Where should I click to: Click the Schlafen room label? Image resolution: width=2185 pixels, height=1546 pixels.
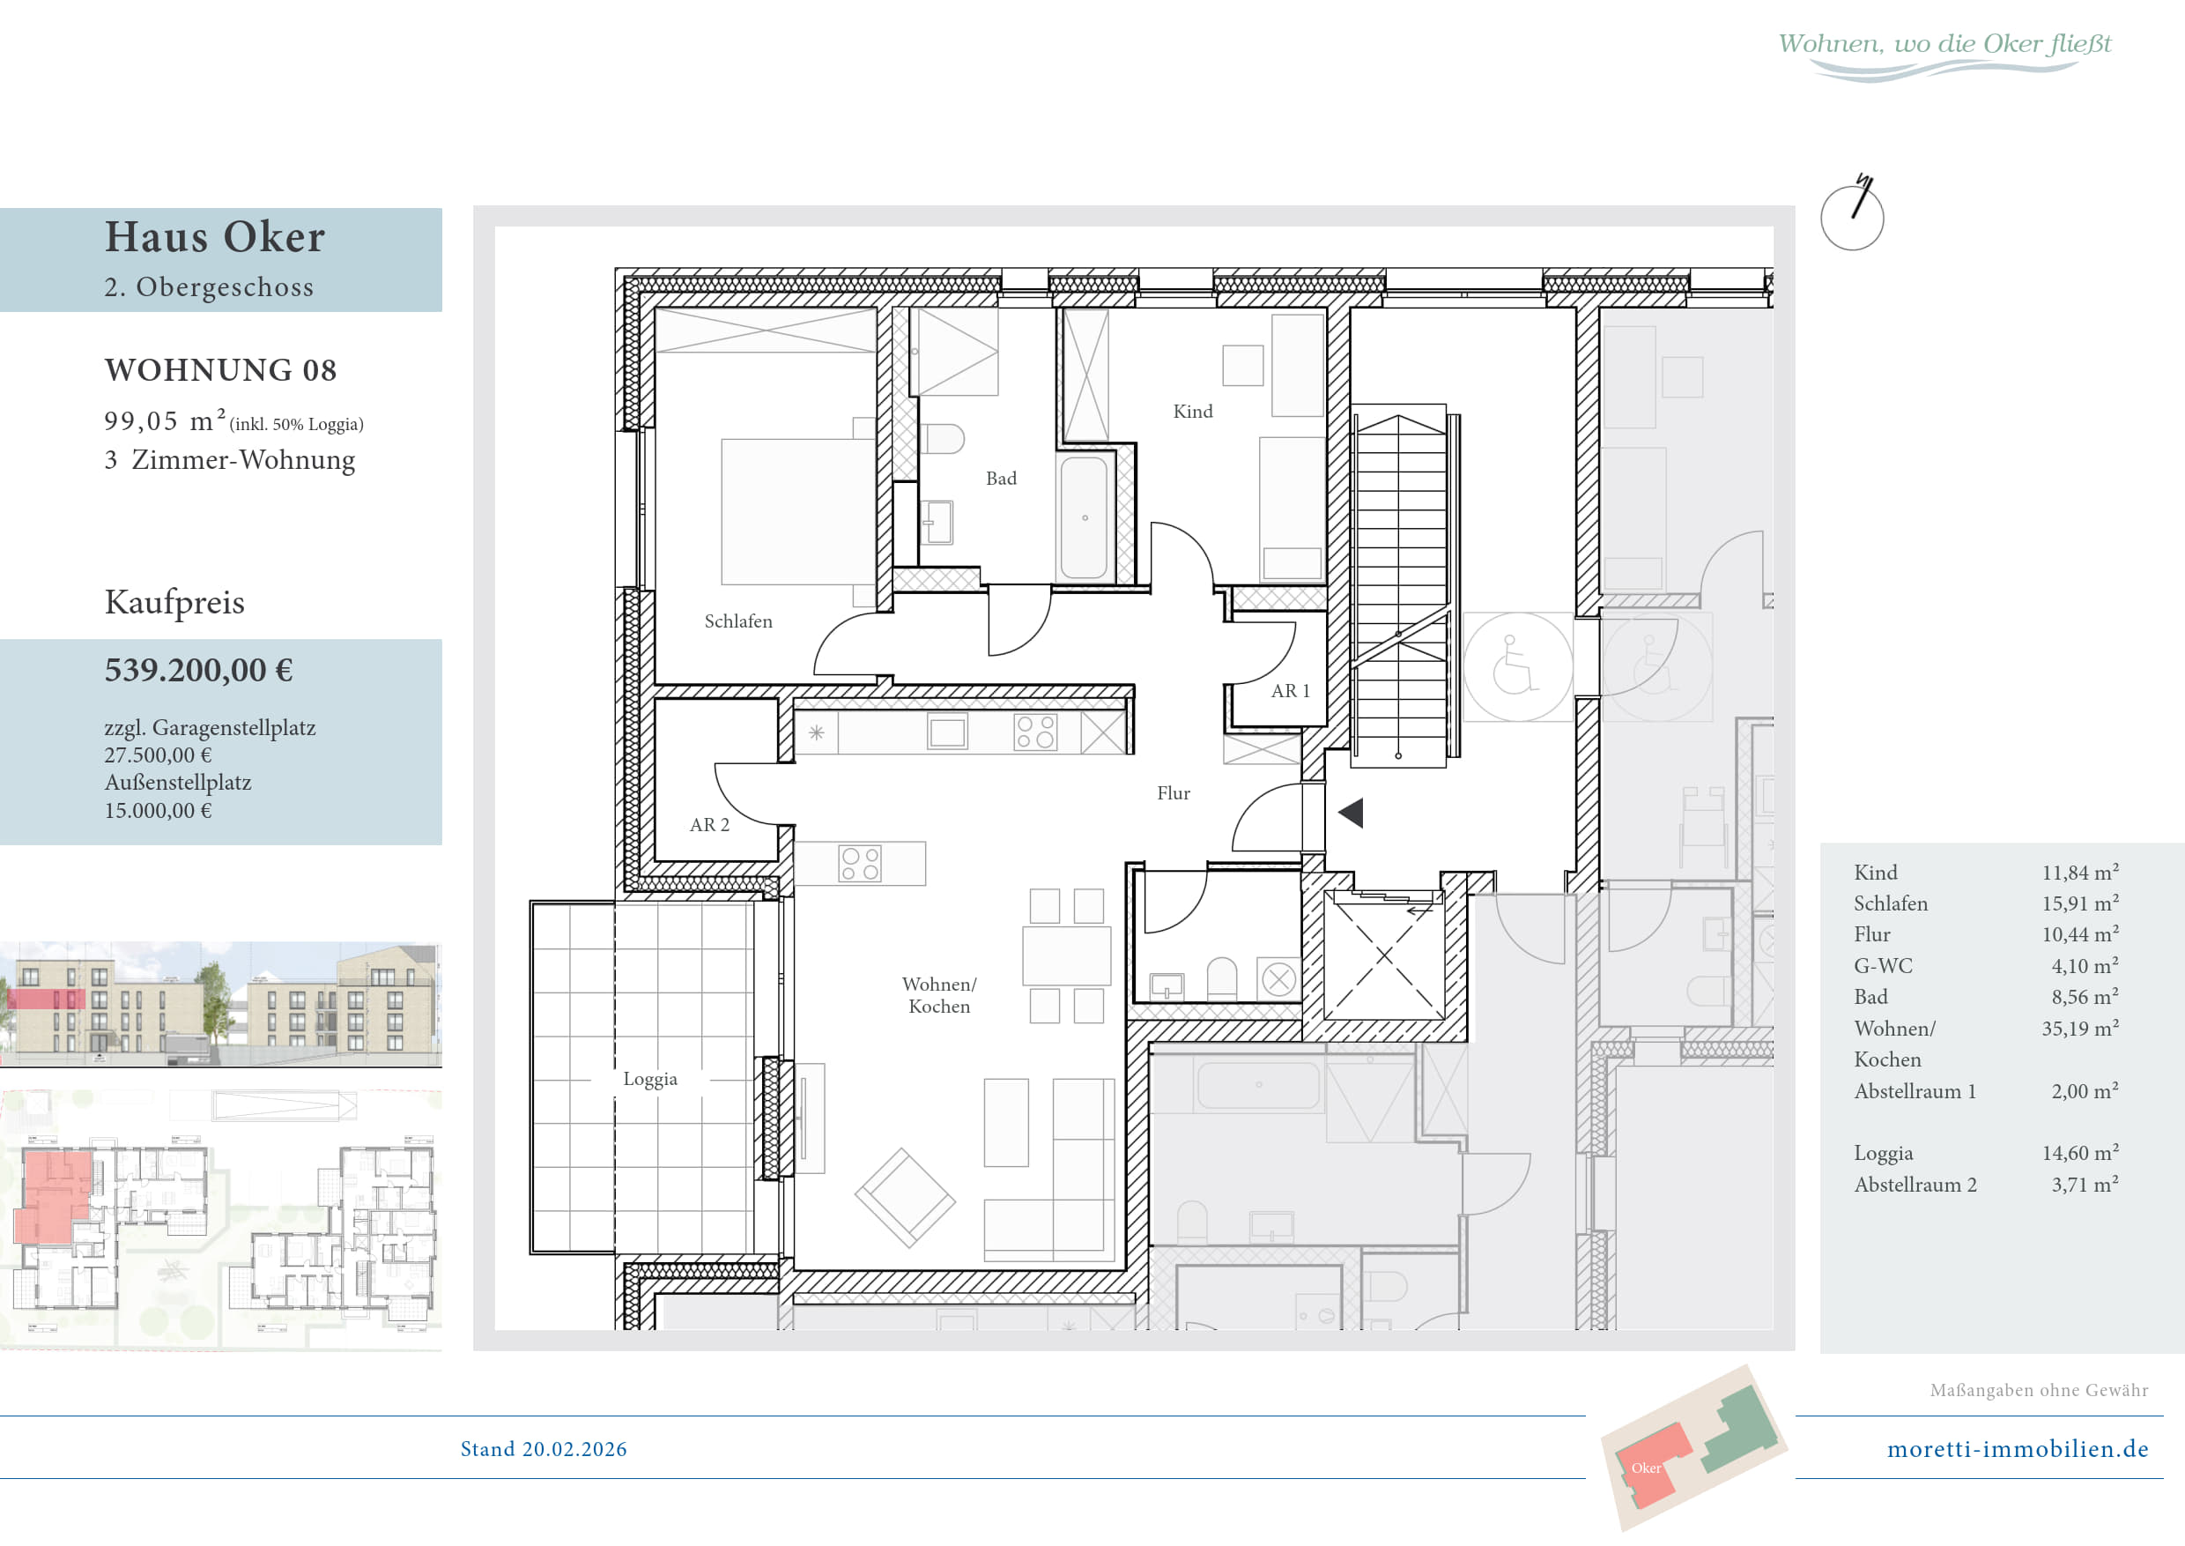[737, 621]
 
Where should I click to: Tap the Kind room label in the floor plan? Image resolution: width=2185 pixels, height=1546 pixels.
[1192, 412]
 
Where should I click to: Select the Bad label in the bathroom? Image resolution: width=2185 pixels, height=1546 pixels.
[1000, 479]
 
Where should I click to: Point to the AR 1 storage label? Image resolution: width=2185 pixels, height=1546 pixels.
[1290, 691]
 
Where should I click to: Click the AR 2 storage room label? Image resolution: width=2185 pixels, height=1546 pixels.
[709, 825]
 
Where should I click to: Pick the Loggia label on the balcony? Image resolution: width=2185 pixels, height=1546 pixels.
[650, 1080]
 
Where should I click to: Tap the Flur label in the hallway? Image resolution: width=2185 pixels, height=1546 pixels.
[1174, 794]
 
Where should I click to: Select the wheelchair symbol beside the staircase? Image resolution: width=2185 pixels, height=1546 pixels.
[1517, 665]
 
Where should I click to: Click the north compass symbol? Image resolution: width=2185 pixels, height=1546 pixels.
[1852, 214]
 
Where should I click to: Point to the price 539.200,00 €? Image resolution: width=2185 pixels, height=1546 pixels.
[198, 670]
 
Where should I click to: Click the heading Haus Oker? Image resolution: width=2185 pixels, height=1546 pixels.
[215, 237]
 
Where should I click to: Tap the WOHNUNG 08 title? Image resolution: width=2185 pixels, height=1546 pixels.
[221, 370]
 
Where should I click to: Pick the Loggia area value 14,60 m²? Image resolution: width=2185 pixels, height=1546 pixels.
[2079, 1154]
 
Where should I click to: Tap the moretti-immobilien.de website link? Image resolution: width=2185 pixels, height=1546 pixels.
[2018, 1449]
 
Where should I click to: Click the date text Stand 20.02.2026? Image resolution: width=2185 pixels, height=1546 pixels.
[544, 1449]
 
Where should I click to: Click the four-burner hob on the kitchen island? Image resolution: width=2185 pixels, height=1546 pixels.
[859, 864]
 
